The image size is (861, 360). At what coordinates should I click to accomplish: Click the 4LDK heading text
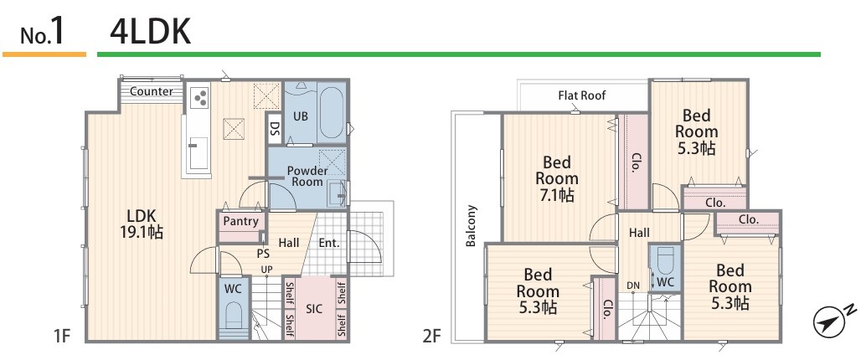tap(151, 32)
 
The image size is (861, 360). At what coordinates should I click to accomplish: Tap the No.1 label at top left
tap(43, 33)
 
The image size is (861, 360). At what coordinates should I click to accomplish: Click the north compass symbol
tap(833, 319)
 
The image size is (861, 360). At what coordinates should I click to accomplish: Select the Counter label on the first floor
tap(152, 91)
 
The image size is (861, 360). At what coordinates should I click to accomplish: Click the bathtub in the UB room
tap(330, 112)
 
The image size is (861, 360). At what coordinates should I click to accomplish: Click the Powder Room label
tap(307, 176)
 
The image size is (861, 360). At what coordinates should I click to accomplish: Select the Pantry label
tap(241, 221)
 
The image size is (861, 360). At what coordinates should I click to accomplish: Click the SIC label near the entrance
tap(314, 309)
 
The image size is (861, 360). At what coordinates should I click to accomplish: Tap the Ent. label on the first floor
tap(329, 242)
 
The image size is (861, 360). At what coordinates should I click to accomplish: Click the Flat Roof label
tap(582, 95)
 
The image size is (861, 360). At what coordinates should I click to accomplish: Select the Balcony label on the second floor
tap(471, 225)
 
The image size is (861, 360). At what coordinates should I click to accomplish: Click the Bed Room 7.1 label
tap(557, 178)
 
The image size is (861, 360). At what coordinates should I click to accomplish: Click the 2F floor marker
tap(433, 336)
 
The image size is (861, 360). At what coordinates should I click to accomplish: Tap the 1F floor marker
tap(63, 336)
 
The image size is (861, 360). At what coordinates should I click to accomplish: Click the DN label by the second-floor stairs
tap(633, 285)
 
